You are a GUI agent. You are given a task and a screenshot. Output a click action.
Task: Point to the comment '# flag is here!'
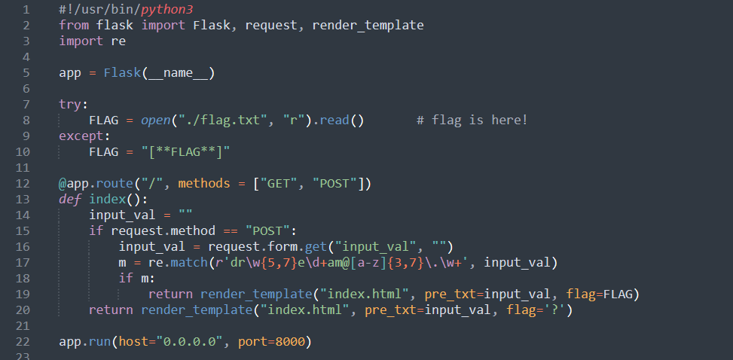click(472, 120)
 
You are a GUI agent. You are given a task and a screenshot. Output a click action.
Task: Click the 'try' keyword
click(72, 104)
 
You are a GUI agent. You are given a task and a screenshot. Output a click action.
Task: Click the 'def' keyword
click(70, 199)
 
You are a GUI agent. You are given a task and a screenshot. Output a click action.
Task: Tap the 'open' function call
click(156, 120)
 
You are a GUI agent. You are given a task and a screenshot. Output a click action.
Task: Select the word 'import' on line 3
click(81, 41)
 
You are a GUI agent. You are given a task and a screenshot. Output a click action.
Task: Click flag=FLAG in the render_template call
click(603, 294)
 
